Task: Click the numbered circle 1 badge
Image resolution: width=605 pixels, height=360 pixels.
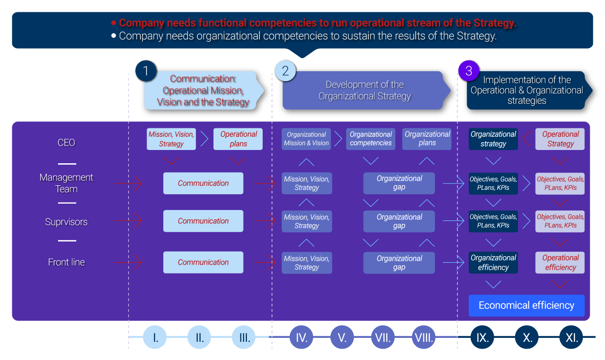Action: [x=146, y=71]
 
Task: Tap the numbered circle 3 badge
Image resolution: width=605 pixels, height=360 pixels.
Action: [x=468, y=71]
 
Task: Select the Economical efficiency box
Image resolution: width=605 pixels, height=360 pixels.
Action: [x=526, y=305]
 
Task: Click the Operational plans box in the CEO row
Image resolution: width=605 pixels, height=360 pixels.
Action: [x=238, y=139]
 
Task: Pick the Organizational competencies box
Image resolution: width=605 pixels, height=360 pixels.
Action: [x=370, y=139]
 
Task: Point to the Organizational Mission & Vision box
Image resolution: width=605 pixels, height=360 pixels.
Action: [x=306, y=139]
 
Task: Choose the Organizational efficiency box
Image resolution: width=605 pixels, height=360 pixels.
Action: [x=493, y=263]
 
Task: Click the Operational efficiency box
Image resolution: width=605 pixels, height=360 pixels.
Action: [x=560, y=263]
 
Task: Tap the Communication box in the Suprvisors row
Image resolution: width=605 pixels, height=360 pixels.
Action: [x=203, y=221]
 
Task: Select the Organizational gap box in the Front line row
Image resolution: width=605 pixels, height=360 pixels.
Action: [x=399, y=263]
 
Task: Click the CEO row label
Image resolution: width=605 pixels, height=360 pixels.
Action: [x=66, y=143]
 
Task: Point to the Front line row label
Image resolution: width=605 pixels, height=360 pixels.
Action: [x=66, y=262]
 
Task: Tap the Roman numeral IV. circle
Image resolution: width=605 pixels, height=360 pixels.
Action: [x=302, y=338]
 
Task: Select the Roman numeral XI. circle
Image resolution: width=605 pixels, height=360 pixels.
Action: [x=572, y=338]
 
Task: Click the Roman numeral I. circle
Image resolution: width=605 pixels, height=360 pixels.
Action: [x=155, y=338]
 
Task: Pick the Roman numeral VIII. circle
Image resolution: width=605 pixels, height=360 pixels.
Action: [x=424, y=338]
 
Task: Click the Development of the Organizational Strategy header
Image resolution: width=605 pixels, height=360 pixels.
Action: [x=364, y=90]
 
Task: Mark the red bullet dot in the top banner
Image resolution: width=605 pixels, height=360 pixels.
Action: [x=114, y=23]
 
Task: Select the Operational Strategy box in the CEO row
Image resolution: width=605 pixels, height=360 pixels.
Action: [x=560, y=139]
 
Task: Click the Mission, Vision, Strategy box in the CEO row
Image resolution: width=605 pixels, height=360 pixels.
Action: [x=171, y=139]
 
